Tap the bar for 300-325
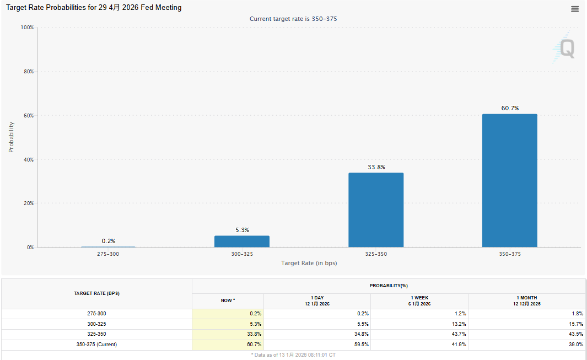tap(242, 241)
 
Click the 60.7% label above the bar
tap(510, 108)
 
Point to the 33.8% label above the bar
tap(376, 166)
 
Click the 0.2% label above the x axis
tap(109, 241)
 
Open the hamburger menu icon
tap(575, 9)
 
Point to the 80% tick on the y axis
tap(27, 72)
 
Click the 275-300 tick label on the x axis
tap(108, 254)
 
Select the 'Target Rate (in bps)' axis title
tap(309, 263)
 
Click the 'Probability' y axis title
tap(11, 137)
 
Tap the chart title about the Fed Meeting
tap(94, 8)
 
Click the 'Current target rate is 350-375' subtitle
tap(293, 19)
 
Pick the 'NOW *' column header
tap(228, 300)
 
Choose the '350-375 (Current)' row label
tap(96, 345)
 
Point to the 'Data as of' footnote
tap(293, 355)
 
